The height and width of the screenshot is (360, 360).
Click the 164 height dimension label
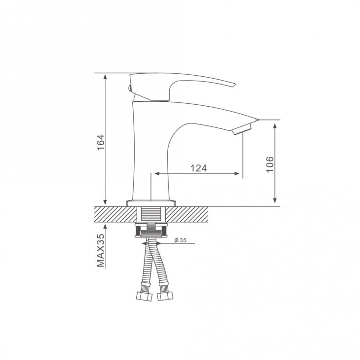pos(101,142)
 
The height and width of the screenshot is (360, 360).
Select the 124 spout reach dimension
pos(199,168)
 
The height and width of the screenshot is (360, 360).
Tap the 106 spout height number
pos(270,164)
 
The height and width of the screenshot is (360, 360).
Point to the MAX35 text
pos(100,250)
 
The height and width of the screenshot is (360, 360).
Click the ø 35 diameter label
pos(180,240)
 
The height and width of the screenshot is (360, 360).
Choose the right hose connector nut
pos(165,296)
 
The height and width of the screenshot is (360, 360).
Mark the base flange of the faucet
pos(151,203)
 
